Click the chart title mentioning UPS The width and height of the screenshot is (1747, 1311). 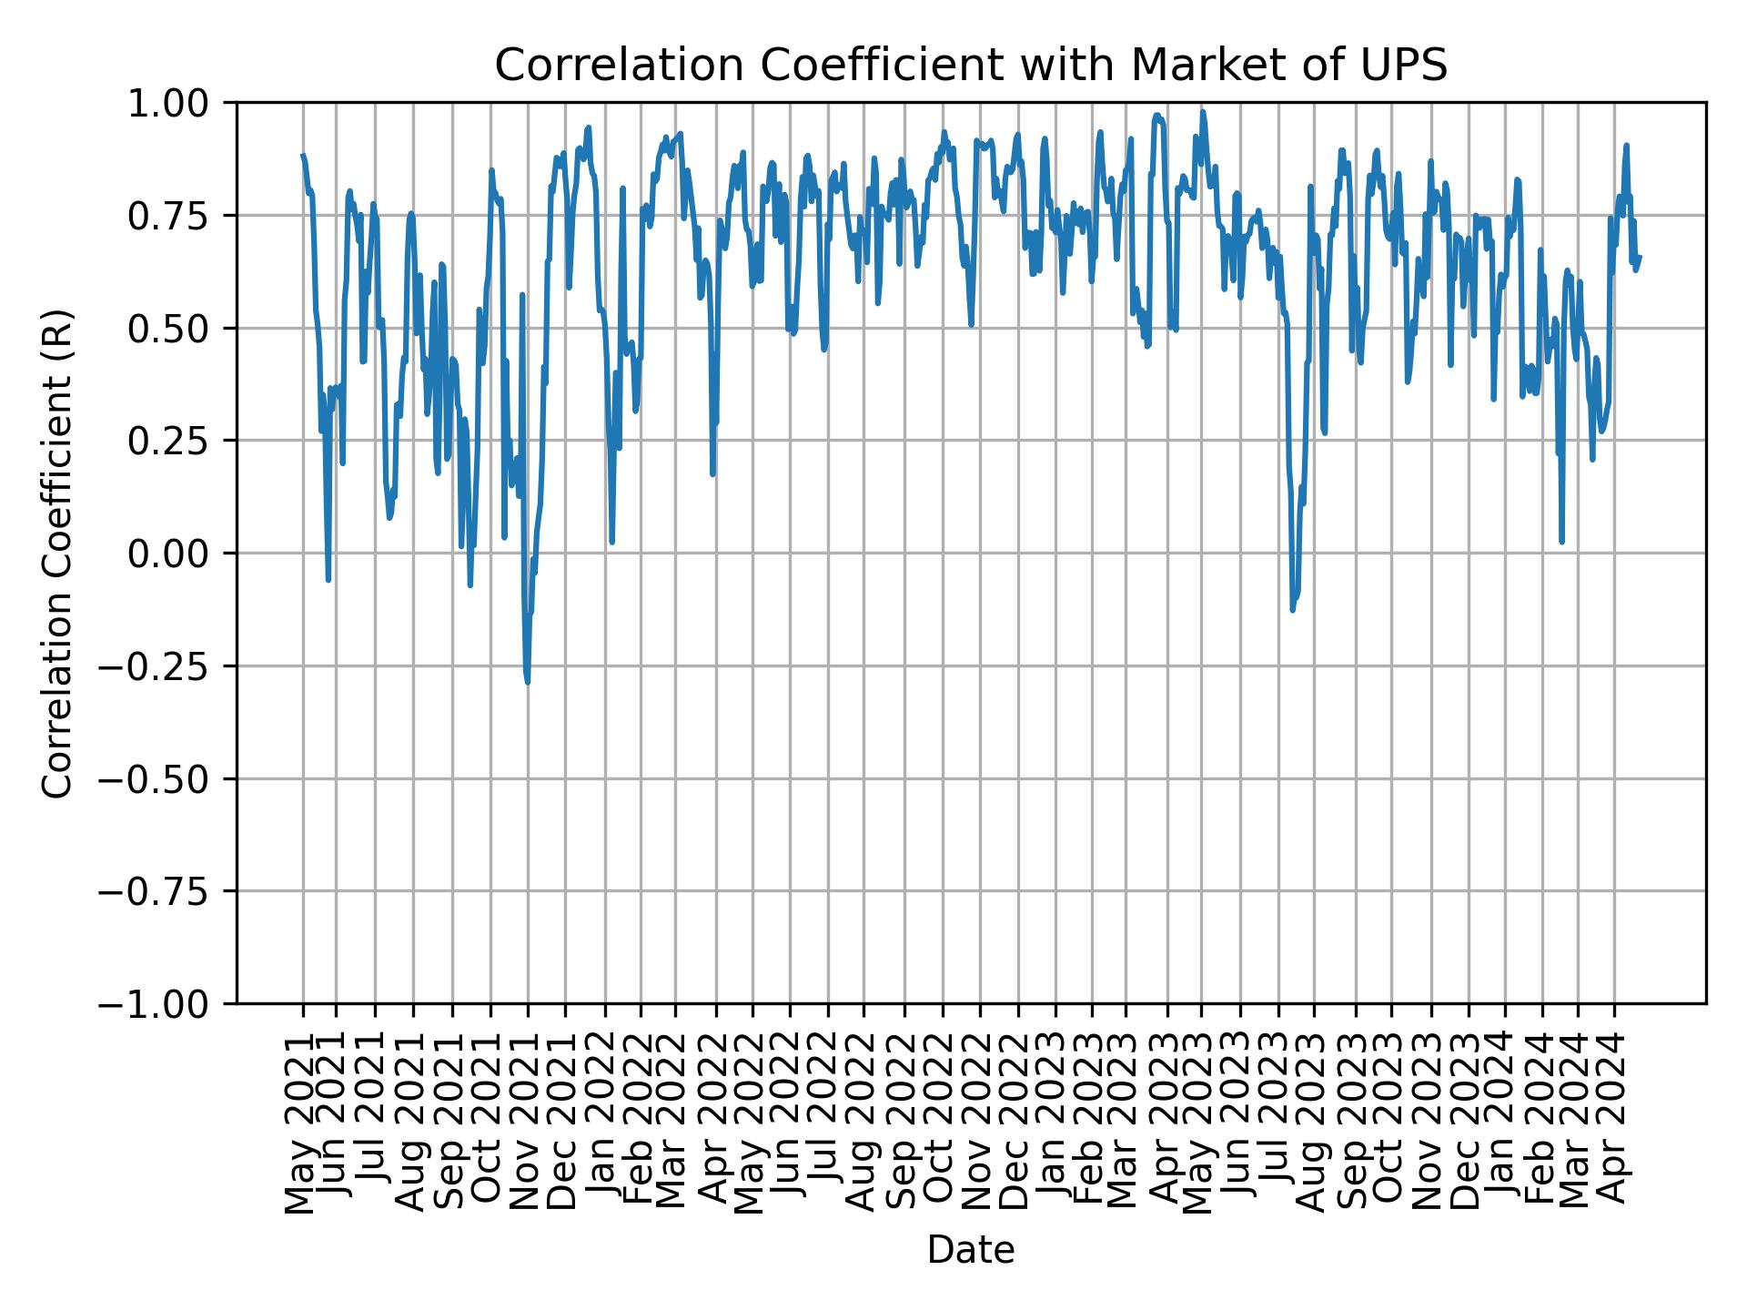point(970,66)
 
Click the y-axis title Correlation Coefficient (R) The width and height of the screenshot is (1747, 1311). point(56,553)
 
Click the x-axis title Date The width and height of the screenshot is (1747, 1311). point(970,1250)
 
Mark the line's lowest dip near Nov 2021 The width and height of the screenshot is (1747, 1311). point(528,682)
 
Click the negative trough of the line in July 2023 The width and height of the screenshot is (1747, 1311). point(1292,609)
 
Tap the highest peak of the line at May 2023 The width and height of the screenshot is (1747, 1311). point(1202,112)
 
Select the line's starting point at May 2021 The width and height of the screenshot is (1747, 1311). point(303,156)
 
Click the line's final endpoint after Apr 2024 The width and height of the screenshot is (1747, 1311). point(1639,258)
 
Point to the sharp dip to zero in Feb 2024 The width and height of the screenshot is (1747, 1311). point(1561,542)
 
